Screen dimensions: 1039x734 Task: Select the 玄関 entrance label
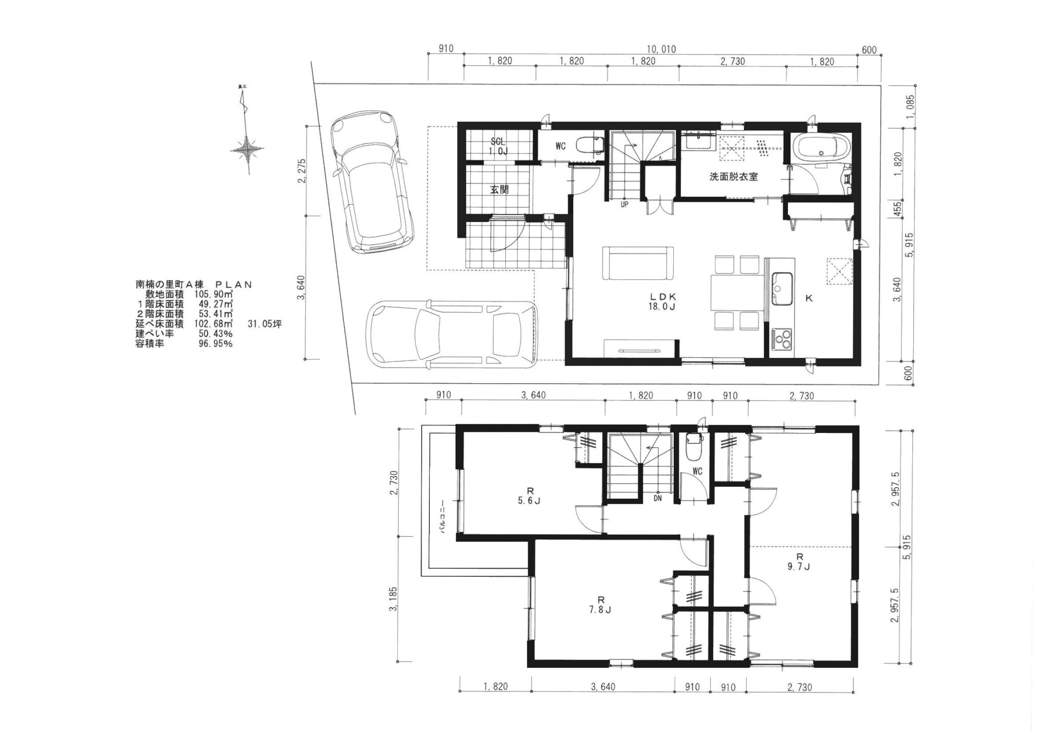coord(499,190)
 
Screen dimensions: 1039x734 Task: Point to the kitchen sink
coord(782,288)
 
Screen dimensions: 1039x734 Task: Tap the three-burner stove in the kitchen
coord(781,339)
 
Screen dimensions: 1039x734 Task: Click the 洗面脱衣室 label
coord(734,177)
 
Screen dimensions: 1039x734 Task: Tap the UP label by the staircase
coord(625,205)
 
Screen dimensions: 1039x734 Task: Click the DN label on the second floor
coord(657,498)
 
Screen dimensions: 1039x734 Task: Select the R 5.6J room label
coord(530,496)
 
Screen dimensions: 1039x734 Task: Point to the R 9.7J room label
coord(800,561)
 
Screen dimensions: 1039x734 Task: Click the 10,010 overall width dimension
coord(661,50)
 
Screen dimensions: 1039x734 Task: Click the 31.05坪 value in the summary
coord(264,324)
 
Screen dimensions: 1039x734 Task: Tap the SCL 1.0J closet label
coord(498,146)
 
